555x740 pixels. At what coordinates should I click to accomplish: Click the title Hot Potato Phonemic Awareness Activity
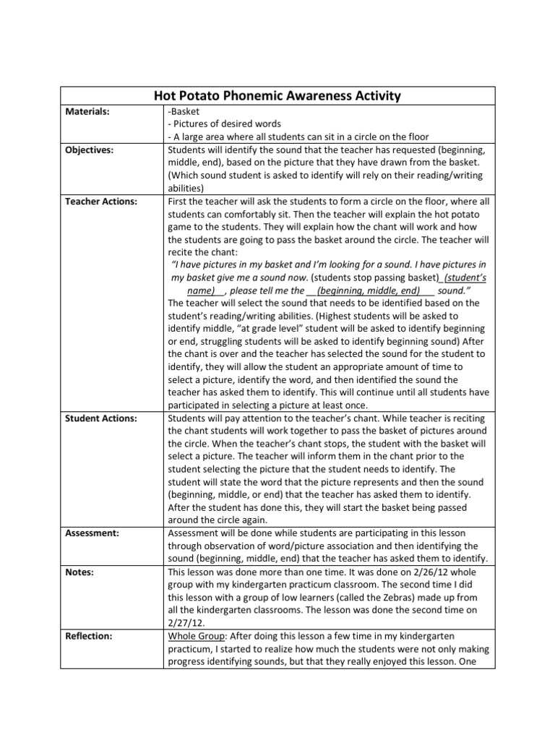pos(277,96)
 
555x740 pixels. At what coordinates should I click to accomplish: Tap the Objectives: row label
pos(87,150)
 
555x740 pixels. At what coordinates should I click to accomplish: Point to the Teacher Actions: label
pos(100,202)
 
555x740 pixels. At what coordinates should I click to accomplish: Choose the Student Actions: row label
pos(100,418)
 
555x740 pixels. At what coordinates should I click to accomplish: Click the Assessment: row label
pos(92,532)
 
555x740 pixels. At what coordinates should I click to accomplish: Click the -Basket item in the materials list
pos(183,112)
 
